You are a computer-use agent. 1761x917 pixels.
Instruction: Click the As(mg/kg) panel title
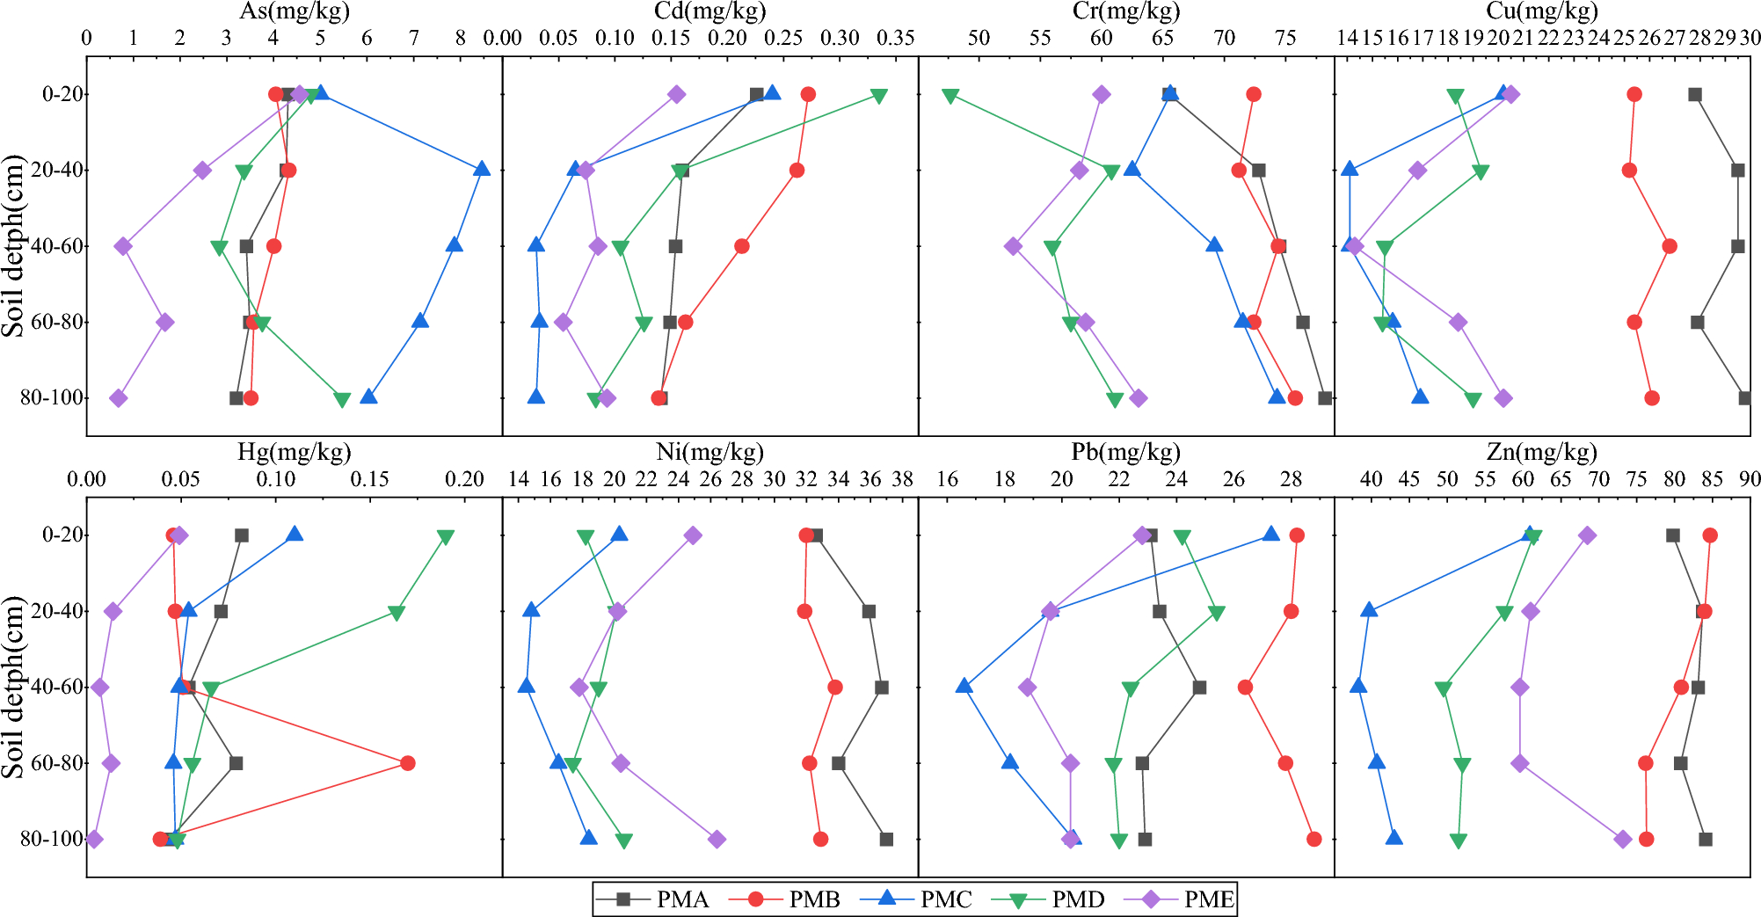click(295, 11)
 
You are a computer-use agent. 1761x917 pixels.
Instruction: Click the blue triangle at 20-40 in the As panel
click(481, 169)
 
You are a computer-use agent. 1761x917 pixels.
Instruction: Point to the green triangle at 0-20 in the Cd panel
click(878, 96)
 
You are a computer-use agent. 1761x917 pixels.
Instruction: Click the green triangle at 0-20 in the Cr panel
click(950, 96)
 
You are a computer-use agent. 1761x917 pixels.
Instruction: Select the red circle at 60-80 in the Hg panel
click(407, 763)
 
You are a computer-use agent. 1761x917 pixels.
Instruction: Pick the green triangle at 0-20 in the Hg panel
click(445, 537)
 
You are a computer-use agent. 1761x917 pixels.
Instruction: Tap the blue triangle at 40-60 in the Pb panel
click(964, 686)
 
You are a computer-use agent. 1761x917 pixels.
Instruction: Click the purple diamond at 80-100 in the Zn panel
click(1623, 840)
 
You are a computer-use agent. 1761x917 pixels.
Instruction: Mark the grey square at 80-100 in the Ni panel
click(886, 840)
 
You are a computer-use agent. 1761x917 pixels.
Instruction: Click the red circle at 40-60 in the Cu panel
click(1670, 246)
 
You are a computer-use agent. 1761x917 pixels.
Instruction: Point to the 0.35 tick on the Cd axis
click(896, 38)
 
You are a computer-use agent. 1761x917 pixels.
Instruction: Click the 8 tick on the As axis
click(461, 38)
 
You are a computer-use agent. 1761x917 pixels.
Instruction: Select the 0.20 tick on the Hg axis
click(464, 479)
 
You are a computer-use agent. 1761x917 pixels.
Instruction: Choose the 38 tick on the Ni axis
click(902, 479)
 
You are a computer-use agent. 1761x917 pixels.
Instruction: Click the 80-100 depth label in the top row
click(55, 398)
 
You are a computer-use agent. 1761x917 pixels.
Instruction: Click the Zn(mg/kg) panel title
click(1541, 452)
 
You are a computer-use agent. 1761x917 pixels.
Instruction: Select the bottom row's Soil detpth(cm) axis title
click(13, 687)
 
